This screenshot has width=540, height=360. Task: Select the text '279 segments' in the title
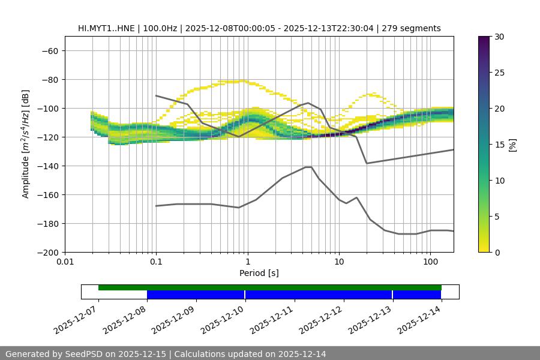415,28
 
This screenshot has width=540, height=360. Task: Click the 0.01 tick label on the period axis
65,262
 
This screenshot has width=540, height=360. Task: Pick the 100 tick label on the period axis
430,262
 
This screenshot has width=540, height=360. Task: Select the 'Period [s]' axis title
259,273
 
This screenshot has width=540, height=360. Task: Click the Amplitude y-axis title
26,144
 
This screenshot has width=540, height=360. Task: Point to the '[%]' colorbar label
512,145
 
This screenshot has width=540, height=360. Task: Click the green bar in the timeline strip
270,287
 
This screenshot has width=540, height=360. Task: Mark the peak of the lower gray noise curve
308,167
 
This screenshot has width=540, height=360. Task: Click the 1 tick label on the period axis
247,262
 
